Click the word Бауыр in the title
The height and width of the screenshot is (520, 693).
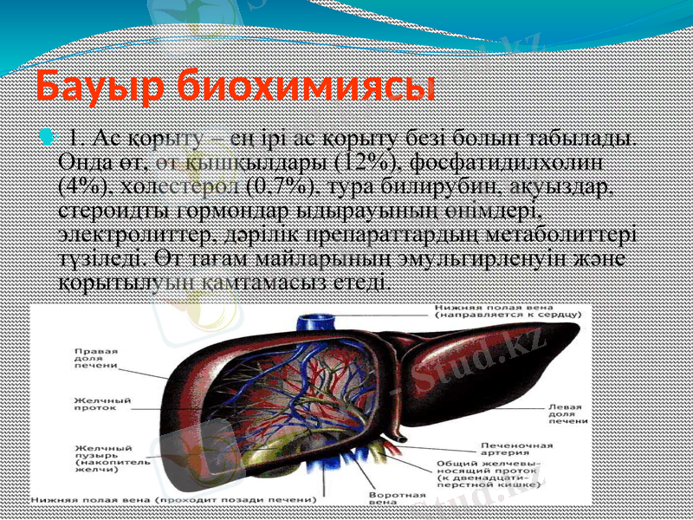click(99, 87)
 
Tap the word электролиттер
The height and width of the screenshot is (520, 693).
click(124, 235)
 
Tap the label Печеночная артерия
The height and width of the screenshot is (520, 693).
click(517, 450)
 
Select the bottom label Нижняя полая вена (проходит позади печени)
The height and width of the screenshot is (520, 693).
click(172, 501)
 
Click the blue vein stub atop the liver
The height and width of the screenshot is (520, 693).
click(311, 323)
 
